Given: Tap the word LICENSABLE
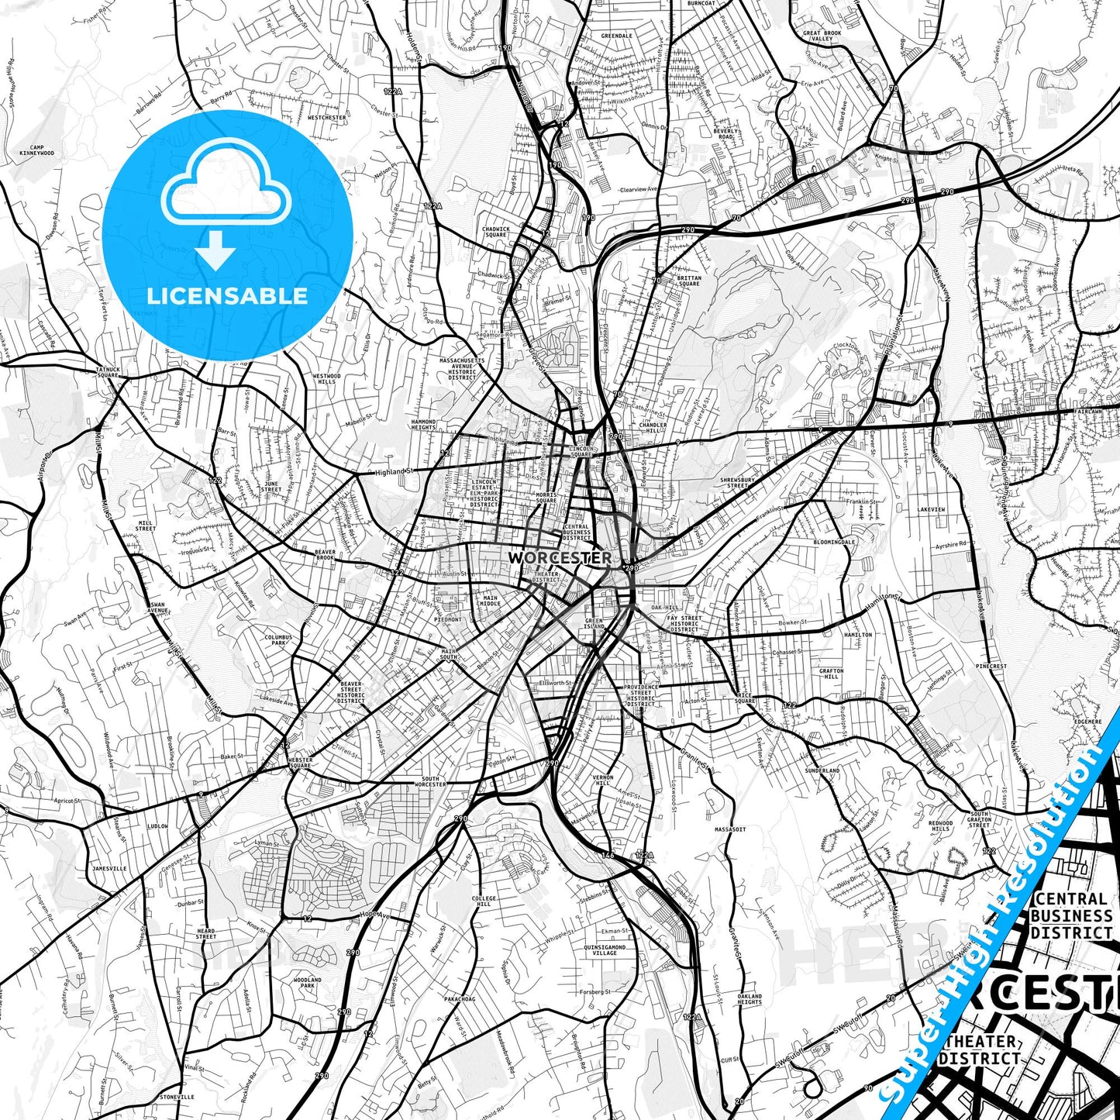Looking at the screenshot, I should [227, 295].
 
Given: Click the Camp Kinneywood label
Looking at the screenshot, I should [36, 150].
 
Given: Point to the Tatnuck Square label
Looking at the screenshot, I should [108, 372].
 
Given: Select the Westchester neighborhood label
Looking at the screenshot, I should [326, 118].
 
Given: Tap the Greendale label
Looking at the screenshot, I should [617, 36].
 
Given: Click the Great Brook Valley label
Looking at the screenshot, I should [822, 36].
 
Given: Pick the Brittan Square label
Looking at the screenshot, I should [688, 281].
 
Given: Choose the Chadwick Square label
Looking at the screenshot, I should [495, 232].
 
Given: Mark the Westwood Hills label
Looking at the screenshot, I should [326, 379].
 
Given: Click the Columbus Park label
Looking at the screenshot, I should [277, 640].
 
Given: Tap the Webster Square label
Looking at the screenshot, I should [300, 763].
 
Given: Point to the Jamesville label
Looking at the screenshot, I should [109, 869].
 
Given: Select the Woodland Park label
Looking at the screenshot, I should [307, 983].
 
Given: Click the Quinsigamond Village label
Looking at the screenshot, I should [605, 949].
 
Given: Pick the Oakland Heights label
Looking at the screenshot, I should [750, 999].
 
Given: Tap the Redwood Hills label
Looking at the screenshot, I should [940, 825].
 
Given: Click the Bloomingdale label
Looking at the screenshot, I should [834, 543].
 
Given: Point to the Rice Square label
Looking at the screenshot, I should [745, 698].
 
